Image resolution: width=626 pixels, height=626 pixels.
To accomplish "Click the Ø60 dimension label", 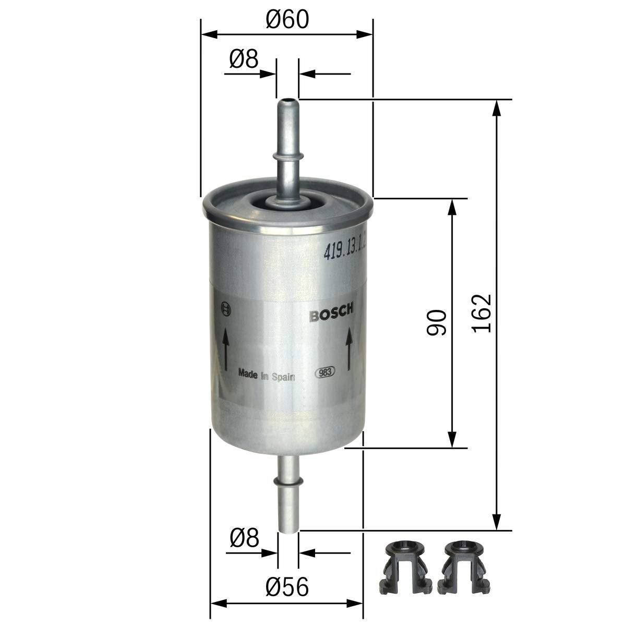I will click(287, 19).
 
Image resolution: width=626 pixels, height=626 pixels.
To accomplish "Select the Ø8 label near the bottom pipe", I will click(244, 537).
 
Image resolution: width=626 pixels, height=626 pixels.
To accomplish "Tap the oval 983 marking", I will click(325, 372).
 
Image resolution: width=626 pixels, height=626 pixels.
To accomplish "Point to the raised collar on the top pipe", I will click(286, 154).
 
